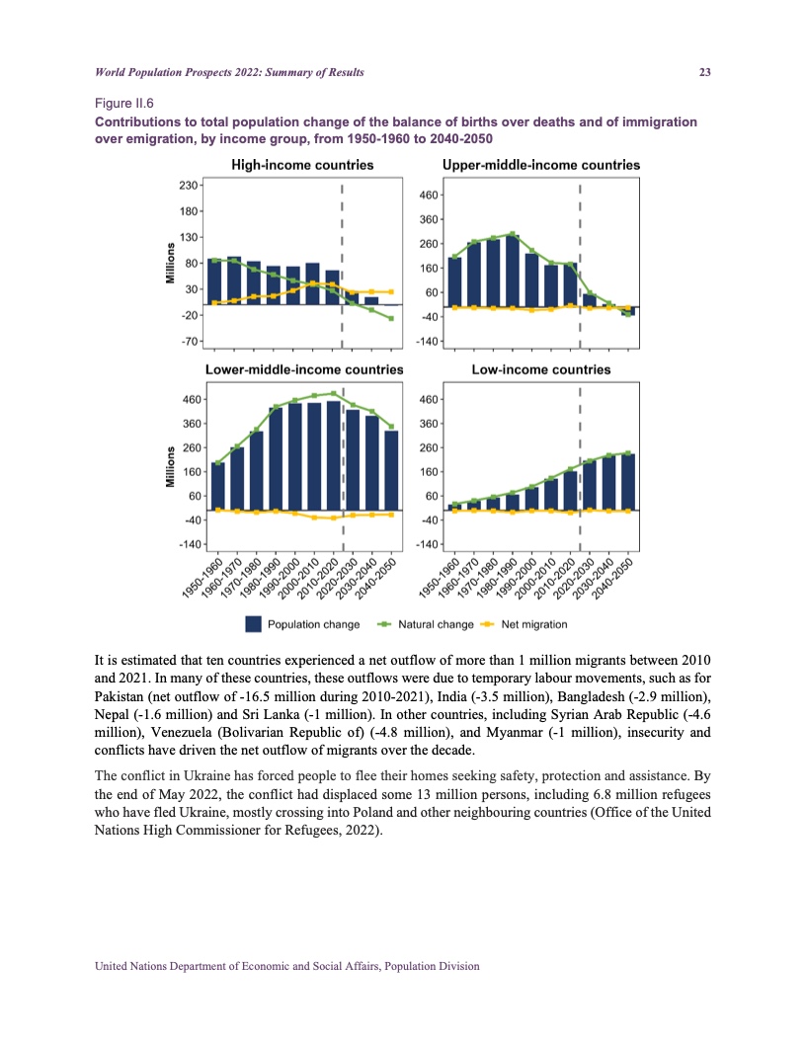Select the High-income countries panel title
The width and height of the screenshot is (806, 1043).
[x=301, y=165]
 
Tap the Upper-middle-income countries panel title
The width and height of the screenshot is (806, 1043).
[x=541, y=165]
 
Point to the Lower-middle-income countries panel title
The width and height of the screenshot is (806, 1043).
[x=304, y=369]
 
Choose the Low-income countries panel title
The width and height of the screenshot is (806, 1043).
[x=540, y=369]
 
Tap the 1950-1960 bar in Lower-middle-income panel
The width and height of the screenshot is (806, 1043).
[x=218, y=486]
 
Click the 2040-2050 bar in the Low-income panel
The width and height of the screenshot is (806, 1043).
[x=627, y=482]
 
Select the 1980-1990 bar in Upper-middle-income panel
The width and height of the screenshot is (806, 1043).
[x=513, y=271]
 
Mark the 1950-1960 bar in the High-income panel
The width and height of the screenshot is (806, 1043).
[x=215, y=282]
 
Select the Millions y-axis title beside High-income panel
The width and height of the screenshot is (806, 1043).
[x=170, y=264]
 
